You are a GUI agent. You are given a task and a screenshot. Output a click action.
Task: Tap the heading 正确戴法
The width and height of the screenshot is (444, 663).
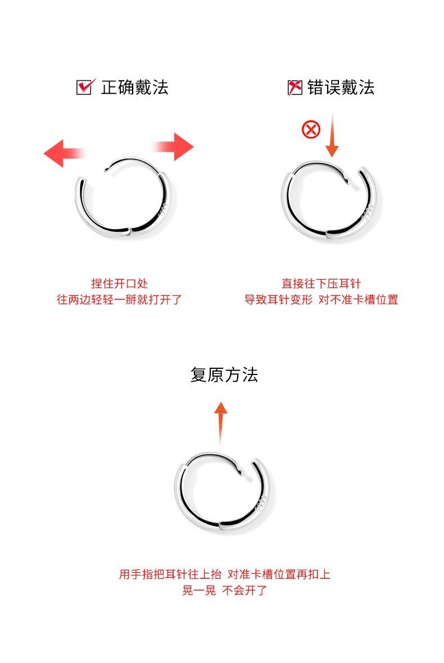point(134,87)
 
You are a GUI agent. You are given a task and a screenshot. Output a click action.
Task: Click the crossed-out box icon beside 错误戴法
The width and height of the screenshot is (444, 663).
point(295,87)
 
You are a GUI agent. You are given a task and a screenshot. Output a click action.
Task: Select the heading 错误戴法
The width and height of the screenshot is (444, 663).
point(341,87)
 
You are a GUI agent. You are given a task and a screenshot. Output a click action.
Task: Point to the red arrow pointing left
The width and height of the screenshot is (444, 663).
point(64,153)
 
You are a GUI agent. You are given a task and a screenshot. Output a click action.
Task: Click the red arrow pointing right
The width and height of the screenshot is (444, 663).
point(173,147)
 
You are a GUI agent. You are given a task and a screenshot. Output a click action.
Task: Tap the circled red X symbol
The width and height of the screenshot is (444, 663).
point(311,129)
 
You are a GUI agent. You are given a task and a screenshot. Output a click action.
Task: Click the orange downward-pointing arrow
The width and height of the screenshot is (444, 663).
point(332,135)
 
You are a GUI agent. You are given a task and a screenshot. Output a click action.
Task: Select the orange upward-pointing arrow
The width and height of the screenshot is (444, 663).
point(220,423)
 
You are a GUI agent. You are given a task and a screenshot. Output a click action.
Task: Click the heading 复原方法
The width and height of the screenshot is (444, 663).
point(224,374)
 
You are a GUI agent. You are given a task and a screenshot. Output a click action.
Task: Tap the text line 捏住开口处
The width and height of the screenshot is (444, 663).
point(119,284)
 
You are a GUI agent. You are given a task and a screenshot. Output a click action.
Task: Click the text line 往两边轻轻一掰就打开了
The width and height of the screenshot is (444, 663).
point(119,299)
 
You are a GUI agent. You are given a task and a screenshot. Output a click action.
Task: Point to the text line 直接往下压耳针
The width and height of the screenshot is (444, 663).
point(321,284)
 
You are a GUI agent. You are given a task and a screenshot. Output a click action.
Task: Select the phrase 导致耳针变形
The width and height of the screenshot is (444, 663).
point(278,299)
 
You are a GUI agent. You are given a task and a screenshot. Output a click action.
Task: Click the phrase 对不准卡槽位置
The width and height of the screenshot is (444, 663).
point(358,299)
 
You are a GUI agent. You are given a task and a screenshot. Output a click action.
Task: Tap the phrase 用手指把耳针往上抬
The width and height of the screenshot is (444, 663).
point(170,574)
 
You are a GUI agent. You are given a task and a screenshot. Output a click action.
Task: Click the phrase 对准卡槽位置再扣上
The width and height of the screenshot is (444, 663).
point(279,574)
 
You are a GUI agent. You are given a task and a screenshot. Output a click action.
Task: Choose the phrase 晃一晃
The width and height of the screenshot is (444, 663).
point(199,590)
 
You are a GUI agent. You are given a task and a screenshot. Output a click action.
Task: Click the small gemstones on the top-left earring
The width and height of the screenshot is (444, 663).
point(163,210)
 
